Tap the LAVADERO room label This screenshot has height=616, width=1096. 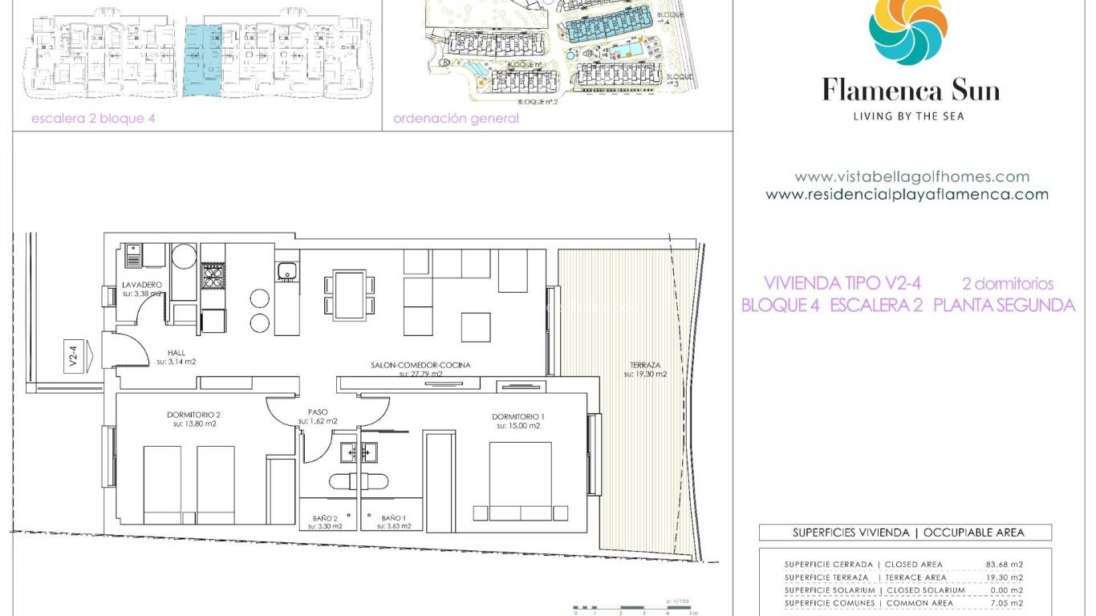(x=143, y=286)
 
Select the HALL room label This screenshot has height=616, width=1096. (x=177, y=353)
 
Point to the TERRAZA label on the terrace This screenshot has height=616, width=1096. (x=645, y=366)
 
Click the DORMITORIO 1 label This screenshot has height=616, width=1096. (x=518, y=416)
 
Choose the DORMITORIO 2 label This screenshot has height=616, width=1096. (x=193, y=415)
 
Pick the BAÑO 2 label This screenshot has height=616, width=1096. (x=327, y=518)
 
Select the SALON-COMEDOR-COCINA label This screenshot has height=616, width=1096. (x=420, y=365)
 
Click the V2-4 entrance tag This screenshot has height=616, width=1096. (x=73, y=356)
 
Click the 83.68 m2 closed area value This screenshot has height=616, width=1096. (x=1004, y=565)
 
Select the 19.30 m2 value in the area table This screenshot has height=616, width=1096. (x=1004, y=577)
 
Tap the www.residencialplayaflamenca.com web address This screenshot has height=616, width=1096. (x=907, y=194)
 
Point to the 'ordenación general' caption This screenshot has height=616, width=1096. (x=456, y=119)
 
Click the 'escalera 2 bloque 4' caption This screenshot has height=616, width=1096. (x=92, y=119)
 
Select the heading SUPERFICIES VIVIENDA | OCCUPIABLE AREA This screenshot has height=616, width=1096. (x=908, y=533)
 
